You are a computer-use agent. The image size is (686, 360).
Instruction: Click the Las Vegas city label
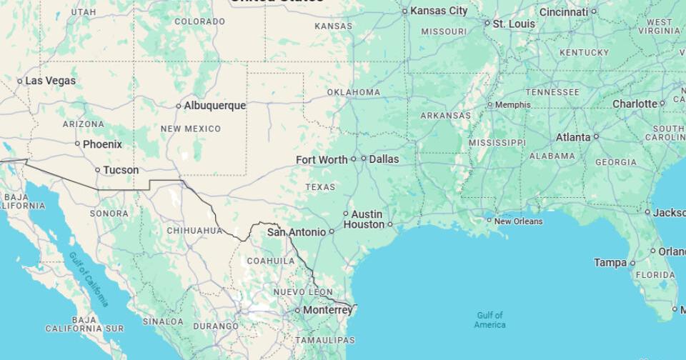click(x=50, y=81)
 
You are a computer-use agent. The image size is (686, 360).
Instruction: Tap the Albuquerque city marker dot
click(x=179, y=106)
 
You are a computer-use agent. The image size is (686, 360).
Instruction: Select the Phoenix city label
click(x=102, y=144)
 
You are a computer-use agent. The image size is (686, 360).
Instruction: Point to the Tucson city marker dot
click(x=98, y=170)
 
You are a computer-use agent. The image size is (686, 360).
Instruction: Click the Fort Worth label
click(x=322, y=160)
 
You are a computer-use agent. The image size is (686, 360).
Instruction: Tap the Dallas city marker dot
click(x=364, y=159)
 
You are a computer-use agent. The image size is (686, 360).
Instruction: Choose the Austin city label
click(x=367, y=214)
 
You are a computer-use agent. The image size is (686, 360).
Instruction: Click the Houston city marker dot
click(x=390, y=224)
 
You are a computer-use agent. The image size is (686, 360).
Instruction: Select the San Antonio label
click(x=296, y=232)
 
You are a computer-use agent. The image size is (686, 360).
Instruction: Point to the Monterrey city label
click(x=327, y=311)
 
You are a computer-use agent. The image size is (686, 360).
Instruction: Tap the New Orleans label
click(x=518, y=221)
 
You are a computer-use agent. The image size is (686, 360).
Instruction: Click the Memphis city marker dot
click(x=490, y=105)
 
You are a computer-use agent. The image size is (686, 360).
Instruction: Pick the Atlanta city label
click(x=573, y=137)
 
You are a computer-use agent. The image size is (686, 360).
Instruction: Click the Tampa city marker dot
click(x=632, y=263)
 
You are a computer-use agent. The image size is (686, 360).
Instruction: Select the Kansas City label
click(x=439, y=11)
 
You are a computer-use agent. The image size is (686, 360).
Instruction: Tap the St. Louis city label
click(x=514, y=24)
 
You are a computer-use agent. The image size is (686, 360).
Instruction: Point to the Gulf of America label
click(x=489, y=320)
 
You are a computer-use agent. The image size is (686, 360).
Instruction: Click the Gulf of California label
click(x=89, y=279)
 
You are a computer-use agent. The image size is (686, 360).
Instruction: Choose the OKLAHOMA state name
click(x=354, y=92)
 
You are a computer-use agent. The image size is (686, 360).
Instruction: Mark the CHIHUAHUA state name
click(x=194, y=231)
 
